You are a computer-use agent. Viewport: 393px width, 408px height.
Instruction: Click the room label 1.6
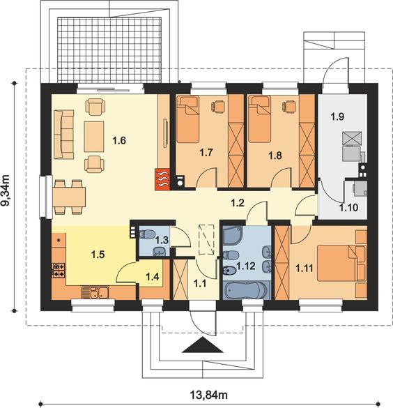pyautogui.click(x=119, y=141)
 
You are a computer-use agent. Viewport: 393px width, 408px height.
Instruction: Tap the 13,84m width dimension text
pyautogui.click(x=209, y=395)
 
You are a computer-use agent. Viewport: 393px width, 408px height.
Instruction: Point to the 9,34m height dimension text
pyautogui.click(x=5, y=190)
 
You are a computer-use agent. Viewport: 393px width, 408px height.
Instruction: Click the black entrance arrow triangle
pyautogui.click(x=203, y=345)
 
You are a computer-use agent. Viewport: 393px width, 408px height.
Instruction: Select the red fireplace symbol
pyautogui.click(x=162, y=179)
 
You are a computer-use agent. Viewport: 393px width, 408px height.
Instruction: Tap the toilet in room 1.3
pyautogui.click(x=146, y=234)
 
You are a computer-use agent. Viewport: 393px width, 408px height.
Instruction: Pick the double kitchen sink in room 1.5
pyautogui.click(x=99, y=292)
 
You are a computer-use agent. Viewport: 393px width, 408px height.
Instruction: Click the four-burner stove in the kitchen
pyautogui.click(x=59, y=271)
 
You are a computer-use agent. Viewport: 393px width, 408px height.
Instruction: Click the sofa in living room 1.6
pyautogui.click(x=63, y=135)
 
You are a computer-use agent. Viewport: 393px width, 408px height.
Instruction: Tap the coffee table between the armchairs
pyautogui.click(x=94, y=137)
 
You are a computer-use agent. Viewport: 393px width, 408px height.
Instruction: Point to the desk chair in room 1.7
pyautogui.click(x=219, y=107)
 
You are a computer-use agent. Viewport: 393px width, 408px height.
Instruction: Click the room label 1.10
pyautogui.click(x=348, y=208)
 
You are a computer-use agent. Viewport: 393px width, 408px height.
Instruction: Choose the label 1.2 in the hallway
pyautogui.click(x=238, y=203)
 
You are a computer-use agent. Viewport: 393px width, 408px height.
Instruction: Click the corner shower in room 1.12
pyautogui.click(x=233, y=236)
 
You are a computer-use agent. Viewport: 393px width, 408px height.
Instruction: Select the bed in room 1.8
pyautogui.click(x=259, y=119)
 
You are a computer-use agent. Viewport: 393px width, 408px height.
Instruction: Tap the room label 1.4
pyautogui.click(x=153, y=277)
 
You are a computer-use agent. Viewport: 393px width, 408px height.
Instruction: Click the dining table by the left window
pyautogui.click(x=69, y=197)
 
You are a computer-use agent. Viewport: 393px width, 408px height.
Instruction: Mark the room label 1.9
pyautogui.click(x=338, y=116)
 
